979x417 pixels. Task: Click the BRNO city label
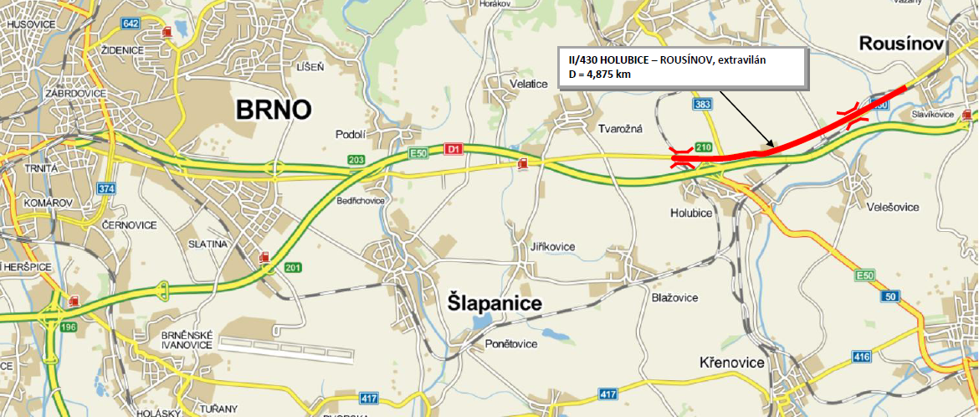274,109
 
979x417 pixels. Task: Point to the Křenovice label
732,363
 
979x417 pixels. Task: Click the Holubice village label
690,214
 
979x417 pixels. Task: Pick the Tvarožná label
620,128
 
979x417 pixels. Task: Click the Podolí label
351,133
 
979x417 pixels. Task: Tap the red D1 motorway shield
454,149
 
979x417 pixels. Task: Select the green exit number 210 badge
703,148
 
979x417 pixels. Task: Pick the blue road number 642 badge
130,23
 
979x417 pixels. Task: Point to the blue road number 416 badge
862,358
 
